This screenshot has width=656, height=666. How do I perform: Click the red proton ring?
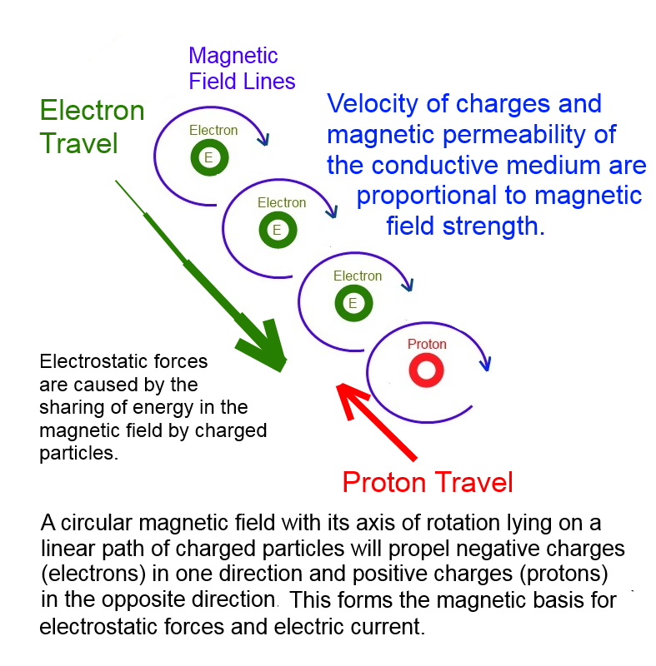coord(427,360)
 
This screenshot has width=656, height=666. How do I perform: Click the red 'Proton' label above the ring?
coord(427,344)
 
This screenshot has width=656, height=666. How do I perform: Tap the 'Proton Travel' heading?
coord(428,482)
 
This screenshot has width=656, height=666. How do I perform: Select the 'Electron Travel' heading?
coord(92,127)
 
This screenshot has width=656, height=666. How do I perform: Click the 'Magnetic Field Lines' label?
coord(242,68)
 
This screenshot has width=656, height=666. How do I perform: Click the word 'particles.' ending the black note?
coord(78,453)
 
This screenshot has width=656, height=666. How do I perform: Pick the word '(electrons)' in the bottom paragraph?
coord(93,574)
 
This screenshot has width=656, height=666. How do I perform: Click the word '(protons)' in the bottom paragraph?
coord(563,574)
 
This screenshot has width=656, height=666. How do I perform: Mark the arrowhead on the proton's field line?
coord(485,364)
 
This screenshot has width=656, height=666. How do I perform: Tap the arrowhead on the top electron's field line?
coord(264,139)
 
